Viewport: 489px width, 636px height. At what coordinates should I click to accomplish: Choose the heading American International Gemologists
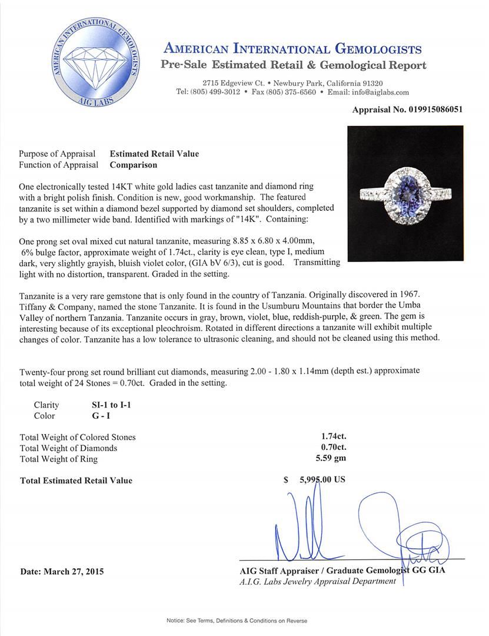click(x=292, y=48)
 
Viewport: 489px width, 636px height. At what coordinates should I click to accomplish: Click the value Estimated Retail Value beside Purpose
click(x=154, y=154)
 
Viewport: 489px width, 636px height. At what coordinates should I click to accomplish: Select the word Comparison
click(x=133, y=165)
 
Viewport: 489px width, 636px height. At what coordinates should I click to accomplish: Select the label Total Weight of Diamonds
click(x=68, y=448)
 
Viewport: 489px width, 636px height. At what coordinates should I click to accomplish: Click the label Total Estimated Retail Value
click(x=76, y=481)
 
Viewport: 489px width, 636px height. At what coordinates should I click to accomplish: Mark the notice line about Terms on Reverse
click(x=244, y=621)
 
